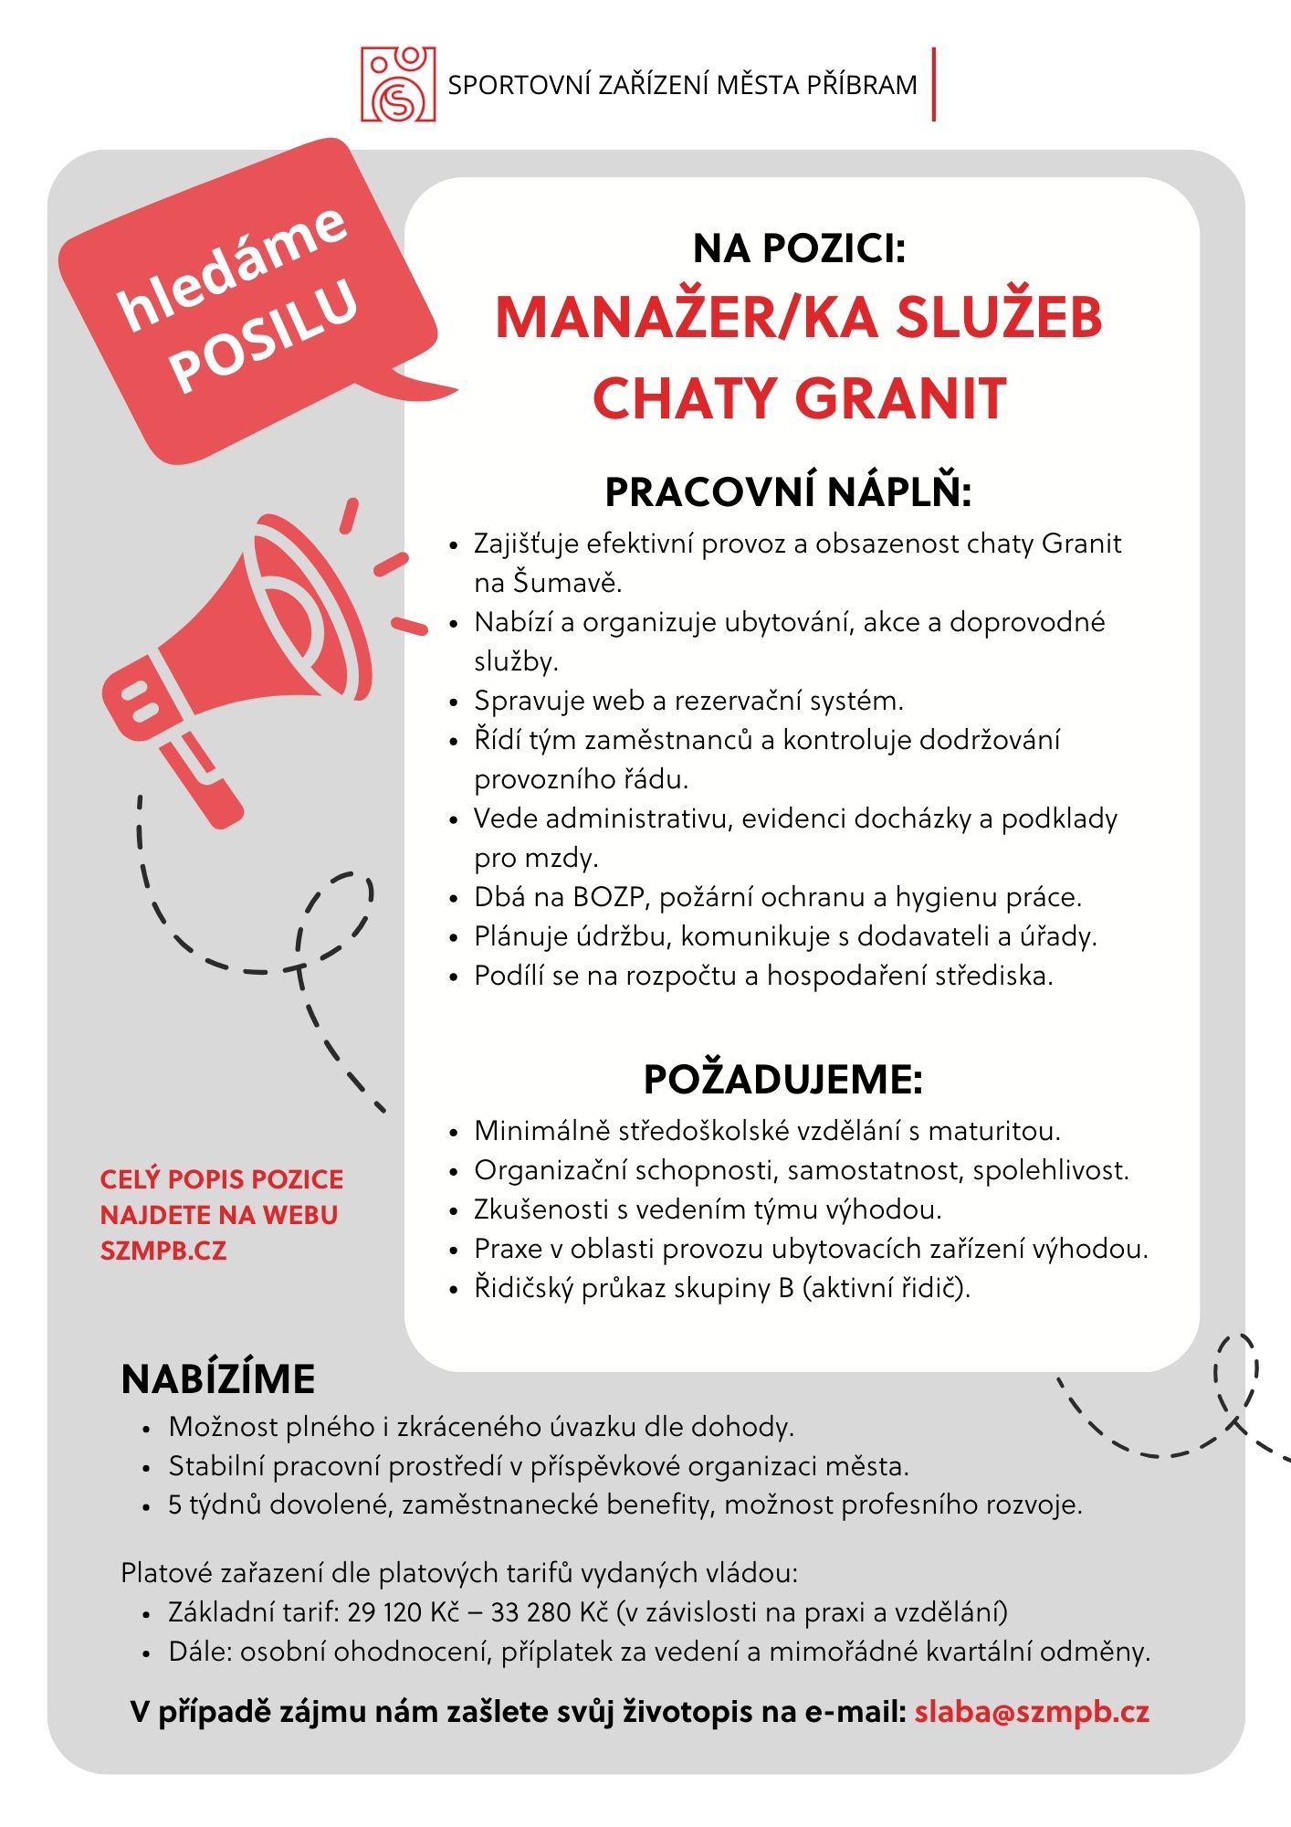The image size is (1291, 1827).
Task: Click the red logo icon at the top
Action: pos(398,84)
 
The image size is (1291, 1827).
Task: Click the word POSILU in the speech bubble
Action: pos(264,336)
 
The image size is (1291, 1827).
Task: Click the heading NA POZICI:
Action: pos(799,248)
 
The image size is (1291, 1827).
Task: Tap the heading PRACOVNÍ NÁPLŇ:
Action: pos(788,493)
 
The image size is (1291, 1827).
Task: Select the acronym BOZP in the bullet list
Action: pos(610,897)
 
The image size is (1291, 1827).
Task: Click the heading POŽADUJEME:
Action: pos(783,1080)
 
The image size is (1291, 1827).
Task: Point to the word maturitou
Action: pos(994,1131)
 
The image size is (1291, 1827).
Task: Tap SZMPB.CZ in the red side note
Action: pos(163,1251)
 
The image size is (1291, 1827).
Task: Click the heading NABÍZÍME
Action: pos(218,1379)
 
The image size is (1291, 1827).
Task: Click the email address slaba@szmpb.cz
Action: pos(1032,1712)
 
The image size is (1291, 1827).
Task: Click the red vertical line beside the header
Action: pos(933,84)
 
